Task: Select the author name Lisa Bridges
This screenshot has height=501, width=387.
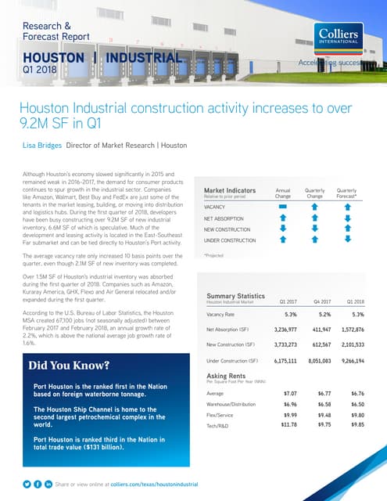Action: (x=55, y=145)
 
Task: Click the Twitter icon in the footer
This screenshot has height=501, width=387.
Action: (x=27, y=485)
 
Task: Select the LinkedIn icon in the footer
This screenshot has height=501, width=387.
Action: (x=48, y=485)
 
